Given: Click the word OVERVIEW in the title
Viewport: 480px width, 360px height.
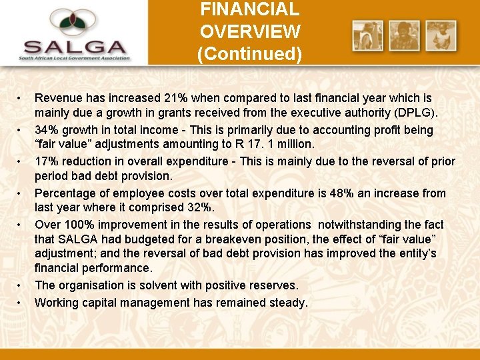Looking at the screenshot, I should tap(250, 31).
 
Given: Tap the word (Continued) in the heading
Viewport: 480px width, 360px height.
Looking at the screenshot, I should tap(250, 53).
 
